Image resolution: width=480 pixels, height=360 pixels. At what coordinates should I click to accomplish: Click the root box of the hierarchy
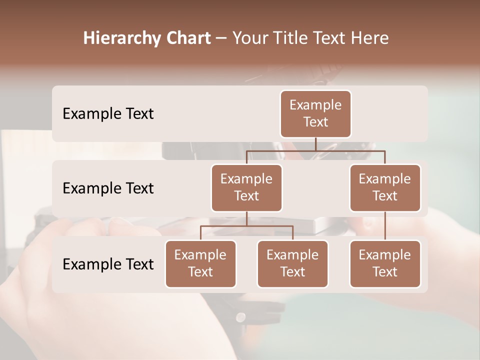coord(315,113)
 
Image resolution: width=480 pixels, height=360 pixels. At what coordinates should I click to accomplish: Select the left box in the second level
coord(246,187)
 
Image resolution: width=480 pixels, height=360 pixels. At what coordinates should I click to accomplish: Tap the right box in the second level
coord(385,187)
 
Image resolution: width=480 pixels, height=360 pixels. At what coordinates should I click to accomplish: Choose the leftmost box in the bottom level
coord(200,263)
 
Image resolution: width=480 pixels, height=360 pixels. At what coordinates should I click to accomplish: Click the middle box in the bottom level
coord(292,263)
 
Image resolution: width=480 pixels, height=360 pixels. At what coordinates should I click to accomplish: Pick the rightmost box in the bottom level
coord(385,263)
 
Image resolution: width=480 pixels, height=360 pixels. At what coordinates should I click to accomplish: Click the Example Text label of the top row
coord(108,113)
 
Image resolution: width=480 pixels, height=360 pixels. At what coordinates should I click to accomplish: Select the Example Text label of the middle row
coord(108,188)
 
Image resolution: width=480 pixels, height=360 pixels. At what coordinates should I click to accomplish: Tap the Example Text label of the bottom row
coord(108,264)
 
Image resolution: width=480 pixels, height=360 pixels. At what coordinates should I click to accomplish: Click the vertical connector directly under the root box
coord(315,144)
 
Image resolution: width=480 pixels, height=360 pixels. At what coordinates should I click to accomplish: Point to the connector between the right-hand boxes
coord(385,226)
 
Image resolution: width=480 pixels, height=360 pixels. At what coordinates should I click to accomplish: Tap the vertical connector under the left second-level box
coord(246,218)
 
